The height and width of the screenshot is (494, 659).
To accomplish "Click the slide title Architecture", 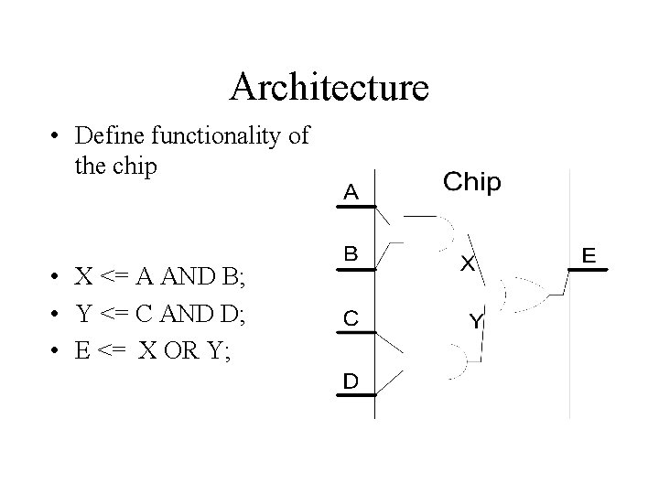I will click(329, 87).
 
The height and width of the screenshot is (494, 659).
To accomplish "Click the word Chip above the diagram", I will click(472, 182).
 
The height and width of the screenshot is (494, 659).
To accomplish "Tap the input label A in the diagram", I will click(351, 192).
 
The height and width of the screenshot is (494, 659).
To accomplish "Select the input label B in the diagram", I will click(351, 253).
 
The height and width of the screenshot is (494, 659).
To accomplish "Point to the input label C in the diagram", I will click(351, 317).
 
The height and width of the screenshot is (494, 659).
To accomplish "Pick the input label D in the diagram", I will click(351, 381).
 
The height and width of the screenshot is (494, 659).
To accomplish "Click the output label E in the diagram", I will click(591, 255).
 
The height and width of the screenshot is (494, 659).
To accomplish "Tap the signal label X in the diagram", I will click(467, 263).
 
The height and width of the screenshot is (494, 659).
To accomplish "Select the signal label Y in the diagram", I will click(476, 321).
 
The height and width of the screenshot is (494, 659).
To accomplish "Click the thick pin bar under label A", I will click(351, 208).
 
